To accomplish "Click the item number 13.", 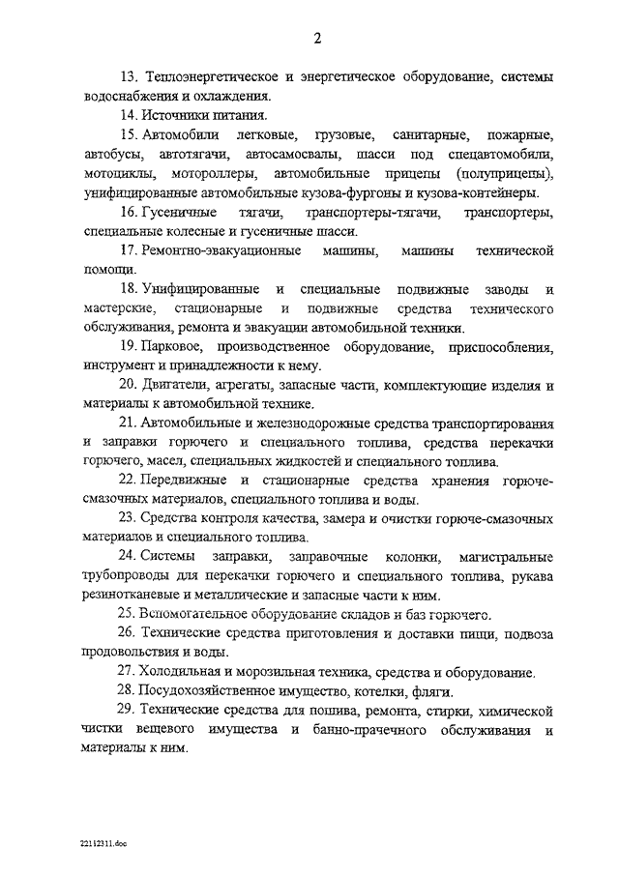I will coord(128,75).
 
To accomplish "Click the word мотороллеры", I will coord(214,173).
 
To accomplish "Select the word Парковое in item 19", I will coord(170,346).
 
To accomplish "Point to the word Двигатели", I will coord(176,385).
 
